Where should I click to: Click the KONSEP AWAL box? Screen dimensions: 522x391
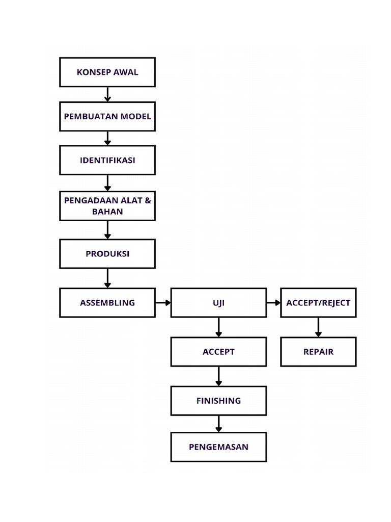click(107, 72)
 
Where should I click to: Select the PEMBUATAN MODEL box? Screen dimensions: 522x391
click(107, 116)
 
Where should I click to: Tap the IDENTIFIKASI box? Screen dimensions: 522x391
click(107, 160)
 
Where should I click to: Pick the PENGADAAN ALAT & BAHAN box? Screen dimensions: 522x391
click(107, 205)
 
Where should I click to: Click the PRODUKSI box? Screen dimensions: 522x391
click(107, 253)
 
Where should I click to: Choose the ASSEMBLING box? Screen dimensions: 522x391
click(107, 302)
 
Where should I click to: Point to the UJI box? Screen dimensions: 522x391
click(218, 302)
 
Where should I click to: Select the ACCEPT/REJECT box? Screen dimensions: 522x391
click(318, 302)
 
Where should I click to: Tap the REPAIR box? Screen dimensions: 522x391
click(318, 352)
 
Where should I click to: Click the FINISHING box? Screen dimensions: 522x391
click(218, 401)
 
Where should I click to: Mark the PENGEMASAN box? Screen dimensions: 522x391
click(218, 447)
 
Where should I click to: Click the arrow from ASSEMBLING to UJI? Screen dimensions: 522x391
click(163, 302)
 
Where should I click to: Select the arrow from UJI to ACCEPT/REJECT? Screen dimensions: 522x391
click(273, 302)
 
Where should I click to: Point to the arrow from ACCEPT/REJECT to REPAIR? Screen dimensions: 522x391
click(318, 327)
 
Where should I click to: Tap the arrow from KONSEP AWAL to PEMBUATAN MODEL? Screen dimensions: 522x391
click(107, 94)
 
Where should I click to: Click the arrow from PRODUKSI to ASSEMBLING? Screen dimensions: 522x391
click(107, 278)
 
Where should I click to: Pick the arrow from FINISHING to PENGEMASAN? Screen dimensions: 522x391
click(218, 424)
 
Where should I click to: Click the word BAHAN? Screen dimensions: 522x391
click(107, 211)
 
